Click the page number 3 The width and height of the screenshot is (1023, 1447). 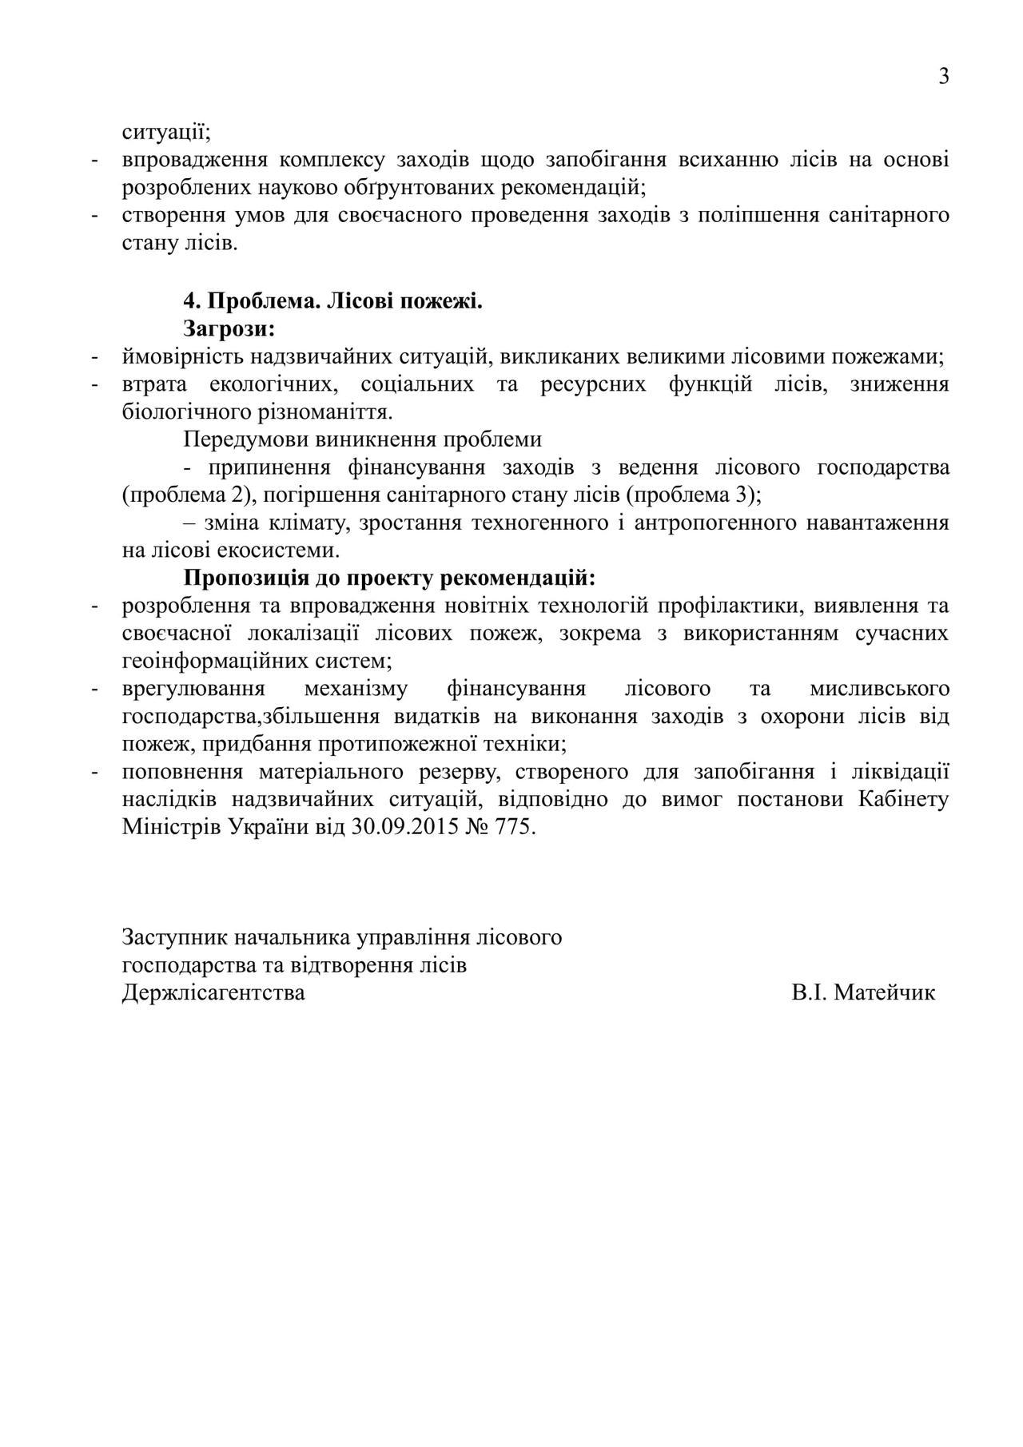[x=944, y=77]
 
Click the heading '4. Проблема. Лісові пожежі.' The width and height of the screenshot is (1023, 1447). [x=333, y=301]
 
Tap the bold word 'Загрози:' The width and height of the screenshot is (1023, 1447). [x=229, y=328]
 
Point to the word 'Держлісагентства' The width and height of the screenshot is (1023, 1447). [x=213, y=992]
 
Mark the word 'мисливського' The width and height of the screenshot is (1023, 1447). [x=879, y=688]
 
